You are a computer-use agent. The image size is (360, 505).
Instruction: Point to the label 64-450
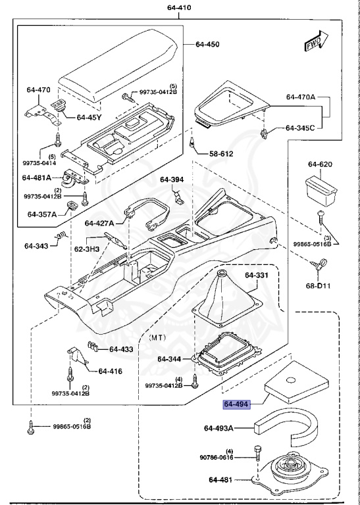pyautogui.click(x=207, y=45)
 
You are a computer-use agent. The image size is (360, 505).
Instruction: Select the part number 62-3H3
pyautogui.click(x=86, y=249)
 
